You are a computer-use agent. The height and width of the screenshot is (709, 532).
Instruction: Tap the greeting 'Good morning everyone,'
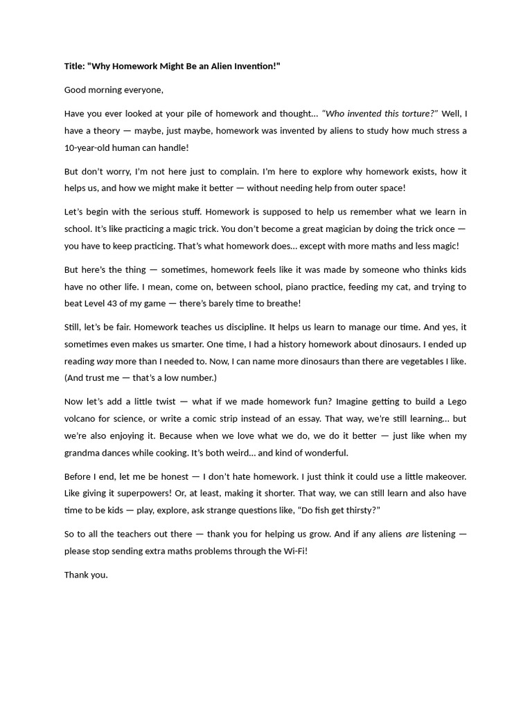pos(114,89)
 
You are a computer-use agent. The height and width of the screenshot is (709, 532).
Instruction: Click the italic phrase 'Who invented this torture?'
pos(380,114)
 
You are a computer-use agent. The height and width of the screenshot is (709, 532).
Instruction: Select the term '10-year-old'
pos(89,148)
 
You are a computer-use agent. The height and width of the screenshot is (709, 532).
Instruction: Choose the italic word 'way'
pos(105,361)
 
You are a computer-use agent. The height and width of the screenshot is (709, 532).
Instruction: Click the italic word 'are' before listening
pos(412,534)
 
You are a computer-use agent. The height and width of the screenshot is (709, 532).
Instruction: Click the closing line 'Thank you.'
pos(86,575)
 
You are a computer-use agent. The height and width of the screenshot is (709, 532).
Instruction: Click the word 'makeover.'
pos(442,476)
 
